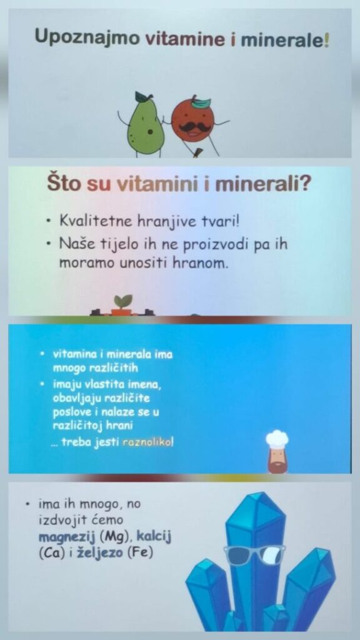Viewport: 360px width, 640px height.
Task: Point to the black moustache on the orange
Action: pyautogui.click(x=191, y=127)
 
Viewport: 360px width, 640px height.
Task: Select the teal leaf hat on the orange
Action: pyautogui.click(x=201, y=102)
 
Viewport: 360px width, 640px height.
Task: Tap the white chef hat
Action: pyautogui.click(x=277, y=439)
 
